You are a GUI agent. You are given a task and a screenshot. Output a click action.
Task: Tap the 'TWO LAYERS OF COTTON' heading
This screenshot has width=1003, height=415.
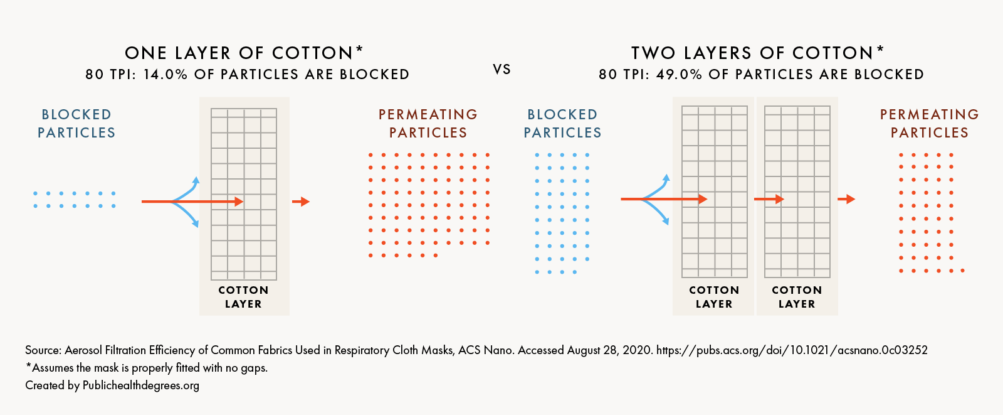tap(752, 53)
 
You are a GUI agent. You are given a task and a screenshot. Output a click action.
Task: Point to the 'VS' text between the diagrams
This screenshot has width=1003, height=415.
tap(501, 70)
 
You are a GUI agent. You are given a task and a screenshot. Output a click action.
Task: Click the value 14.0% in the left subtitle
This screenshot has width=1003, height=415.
tap(165, 75)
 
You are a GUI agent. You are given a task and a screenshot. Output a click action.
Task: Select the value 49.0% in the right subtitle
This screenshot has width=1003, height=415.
tap(679, 75)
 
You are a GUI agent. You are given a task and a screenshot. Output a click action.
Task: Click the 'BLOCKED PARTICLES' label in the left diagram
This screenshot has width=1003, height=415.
tap(76, 124)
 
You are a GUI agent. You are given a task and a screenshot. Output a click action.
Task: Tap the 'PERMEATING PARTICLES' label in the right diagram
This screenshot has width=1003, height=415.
tap(930, 124)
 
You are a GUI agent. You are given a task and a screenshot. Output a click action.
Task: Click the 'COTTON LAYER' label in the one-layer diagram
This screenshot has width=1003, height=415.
tap(243, 297)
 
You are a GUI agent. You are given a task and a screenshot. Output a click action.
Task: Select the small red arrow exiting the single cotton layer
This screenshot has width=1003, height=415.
tap(301, 202)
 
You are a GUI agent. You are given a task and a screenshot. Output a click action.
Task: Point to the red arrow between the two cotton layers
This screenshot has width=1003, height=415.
tap(769, 199)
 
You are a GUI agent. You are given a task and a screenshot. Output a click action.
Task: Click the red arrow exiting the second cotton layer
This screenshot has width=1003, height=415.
tap(846, 199)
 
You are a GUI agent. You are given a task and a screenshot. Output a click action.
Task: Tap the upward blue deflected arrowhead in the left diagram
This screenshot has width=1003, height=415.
tap(196, 181)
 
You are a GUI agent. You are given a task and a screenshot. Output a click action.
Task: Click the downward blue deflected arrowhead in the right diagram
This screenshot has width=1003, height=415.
tap(666, 221)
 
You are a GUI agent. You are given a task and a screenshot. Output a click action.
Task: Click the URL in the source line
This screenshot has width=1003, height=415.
tap(792, 350)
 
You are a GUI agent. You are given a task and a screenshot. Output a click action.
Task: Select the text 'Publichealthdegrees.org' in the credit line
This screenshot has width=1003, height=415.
tap(141, 385)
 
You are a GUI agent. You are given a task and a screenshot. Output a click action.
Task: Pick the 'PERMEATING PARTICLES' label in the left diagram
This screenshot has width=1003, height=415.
tap(428, 124)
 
